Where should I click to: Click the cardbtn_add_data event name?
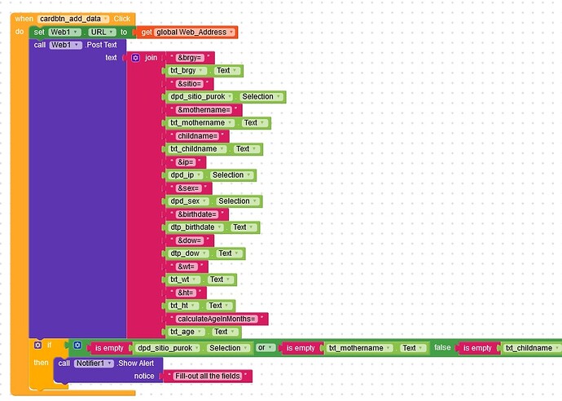tap(72, 18)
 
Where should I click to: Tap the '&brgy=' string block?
tap(190, 58)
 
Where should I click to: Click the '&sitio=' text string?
tap(191, 84)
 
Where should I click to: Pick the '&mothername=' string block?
tap(204, 110)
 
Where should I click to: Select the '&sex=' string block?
tap(187, 188)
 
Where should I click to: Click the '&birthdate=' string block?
tap(196, 214)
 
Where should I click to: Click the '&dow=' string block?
tap(189, 240)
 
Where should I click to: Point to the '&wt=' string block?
tap(187, 267)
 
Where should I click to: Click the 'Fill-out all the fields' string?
tap(208, 376)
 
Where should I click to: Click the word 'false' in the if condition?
tap(442, 348)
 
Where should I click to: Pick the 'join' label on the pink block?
tap(151, 58)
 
